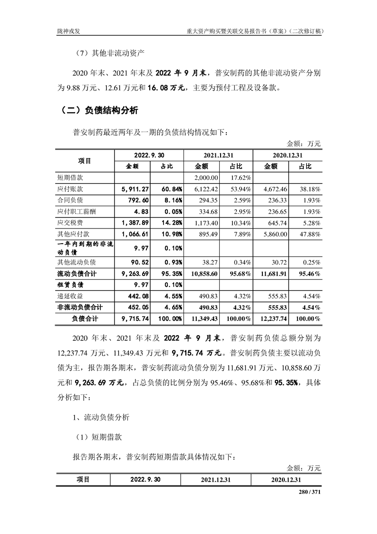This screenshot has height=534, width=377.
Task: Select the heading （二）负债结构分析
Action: tap(97, 111)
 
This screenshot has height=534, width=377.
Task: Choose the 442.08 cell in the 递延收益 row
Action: tap(133, 296)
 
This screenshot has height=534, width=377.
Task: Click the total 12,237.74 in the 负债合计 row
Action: tap(271, 318)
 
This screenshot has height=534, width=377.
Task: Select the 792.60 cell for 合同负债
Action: tap(133, 199)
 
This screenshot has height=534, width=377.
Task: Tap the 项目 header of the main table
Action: tap(85, 160)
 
